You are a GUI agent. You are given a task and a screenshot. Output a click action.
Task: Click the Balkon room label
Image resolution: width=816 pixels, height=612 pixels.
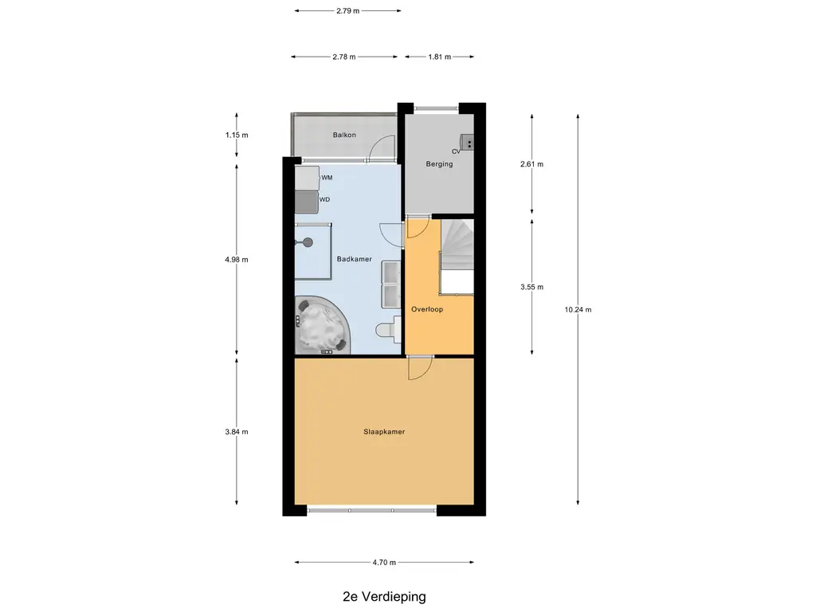(x=344, y=135)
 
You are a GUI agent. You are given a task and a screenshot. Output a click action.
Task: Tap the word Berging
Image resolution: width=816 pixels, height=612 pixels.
(x=439, y=164)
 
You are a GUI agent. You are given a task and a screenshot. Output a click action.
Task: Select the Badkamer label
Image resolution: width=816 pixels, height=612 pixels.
(x=354, y=259)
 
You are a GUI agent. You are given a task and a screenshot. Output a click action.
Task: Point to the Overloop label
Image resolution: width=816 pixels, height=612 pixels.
(x=427, y=309)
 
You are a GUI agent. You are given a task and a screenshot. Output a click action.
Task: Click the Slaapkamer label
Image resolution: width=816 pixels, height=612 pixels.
(x=384, y=431)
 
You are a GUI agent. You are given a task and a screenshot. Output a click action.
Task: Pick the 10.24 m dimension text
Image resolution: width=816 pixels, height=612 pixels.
(x=578, y=310)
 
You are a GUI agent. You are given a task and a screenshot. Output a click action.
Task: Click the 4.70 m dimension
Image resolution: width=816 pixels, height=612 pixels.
(x=384, y=562)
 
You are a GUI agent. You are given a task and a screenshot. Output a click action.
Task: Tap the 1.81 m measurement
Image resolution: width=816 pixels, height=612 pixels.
(x=440, y=57)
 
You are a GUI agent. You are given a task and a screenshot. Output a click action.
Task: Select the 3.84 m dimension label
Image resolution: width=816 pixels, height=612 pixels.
(x=237, y=431)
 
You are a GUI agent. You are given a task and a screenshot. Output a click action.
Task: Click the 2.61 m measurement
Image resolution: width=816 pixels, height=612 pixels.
(x=532, y=164)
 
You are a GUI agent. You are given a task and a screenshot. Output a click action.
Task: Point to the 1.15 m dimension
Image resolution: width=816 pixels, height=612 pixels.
(x=237, y=135)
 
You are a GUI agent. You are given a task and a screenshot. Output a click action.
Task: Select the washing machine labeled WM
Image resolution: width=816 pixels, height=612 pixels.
(x=307, y=178)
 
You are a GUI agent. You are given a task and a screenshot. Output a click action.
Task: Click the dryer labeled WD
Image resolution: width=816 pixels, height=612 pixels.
(x=307, y=202)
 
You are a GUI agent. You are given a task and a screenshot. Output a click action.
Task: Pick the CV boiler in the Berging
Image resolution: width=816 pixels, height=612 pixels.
(x=467, y=142)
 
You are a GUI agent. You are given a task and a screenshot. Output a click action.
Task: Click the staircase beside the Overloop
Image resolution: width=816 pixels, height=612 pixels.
(x=457, y=257)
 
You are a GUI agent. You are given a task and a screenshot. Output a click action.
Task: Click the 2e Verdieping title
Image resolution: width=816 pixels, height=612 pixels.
(x=384, y=596)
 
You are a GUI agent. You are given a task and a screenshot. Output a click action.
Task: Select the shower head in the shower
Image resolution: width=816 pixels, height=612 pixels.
(x=308, y=242)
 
